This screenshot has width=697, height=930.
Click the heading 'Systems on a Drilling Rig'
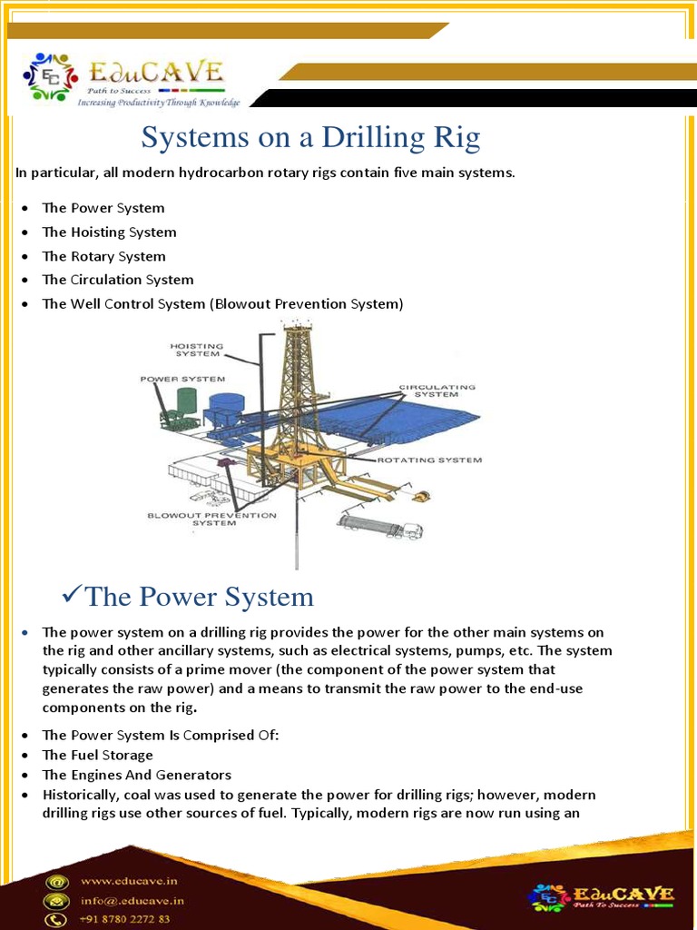[310, 138]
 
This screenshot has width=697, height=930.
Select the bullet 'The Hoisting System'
[109, 232]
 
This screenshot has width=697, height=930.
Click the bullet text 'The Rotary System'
[103, 256]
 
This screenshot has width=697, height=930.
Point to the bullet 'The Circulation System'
[118, 280]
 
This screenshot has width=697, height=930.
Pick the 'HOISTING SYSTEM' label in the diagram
[197, 350]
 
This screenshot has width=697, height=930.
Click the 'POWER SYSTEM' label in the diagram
[182, 378]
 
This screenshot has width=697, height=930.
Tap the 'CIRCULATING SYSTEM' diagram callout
[437, 391]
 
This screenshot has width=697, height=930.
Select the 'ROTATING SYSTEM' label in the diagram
[429, 460]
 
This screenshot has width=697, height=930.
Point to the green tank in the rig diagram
[186, 401]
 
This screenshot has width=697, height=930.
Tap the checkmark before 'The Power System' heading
[71, 596]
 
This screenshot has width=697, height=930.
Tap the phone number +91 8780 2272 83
[125, 919]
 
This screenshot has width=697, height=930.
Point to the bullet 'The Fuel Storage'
[97, 756]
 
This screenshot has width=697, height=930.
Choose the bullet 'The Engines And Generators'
[136, 776]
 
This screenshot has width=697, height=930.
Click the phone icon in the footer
[58, 920]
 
